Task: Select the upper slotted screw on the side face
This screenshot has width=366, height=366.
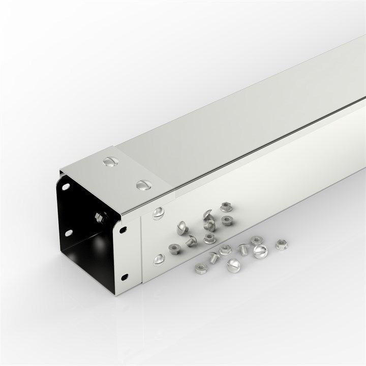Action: [159, 211]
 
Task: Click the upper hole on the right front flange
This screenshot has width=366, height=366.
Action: [124, 230]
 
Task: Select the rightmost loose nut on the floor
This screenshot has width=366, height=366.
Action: [281, 245]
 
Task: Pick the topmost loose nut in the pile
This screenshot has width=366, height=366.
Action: [226, 207]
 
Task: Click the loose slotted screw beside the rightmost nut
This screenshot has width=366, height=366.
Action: [260, 250]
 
